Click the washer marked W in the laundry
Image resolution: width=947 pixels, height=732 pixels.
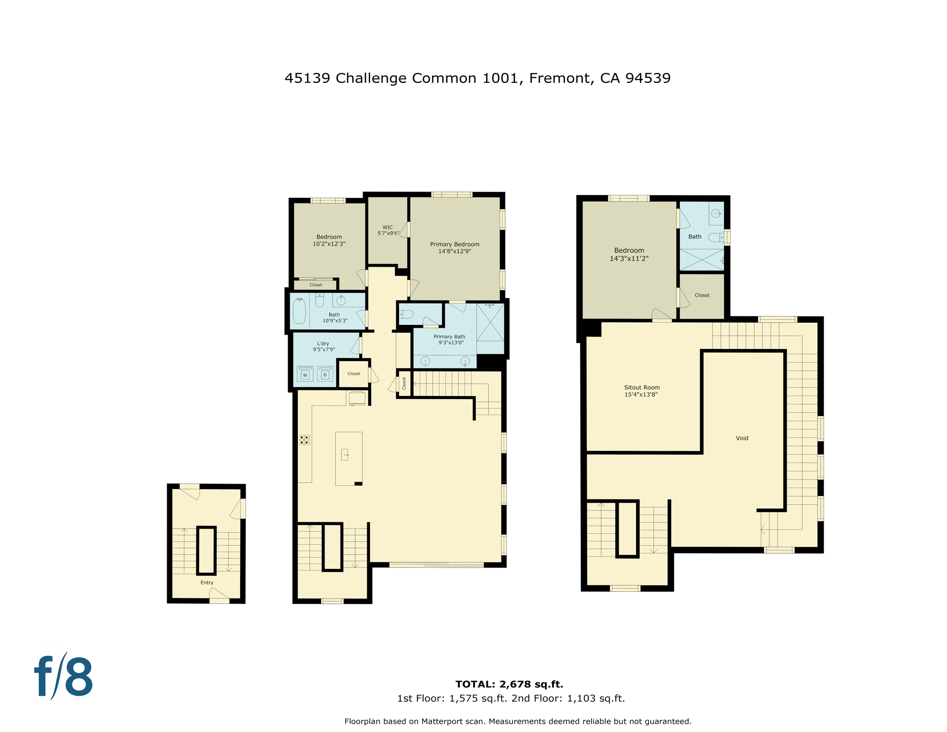(305, 375)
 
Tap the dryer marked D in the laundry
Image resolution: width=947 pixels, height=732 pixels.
(325, 375)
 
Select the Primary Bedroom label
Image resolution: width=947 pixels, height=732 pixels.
(454, 247)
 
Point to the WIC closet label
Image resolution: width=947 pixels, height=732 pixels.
(388, 230)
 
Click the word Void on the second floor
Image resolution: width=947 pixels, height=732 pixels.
(742, 438)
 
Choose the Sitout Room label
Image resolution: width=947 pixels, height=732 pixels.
(642, 391)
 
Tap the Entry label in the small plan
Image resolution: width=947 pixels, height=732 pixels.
(207, 582)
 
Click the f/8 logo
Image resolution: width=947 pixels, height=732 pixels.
(63, 676)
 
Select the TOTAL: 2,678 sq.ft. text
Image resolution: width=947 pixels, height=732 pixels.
(509, 684)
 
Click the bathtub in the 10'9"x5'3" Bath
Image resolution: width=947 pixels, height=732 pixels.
(299, 311)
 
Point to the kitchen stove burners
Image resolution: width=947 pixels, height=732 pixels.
(304, 439)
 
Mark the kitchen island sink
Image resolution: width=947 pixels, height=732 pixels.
(345, 455)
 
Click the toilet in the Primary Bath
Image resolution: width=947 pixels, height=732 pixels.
(406, 314)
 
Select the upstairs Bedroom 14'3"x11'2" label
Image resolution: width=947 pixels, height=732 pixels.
(629, 254)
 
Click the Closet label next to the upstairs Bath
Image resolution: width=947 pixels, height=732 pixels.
(702, 295)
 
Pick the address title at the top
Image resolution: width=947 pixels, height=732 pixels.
(477, 78)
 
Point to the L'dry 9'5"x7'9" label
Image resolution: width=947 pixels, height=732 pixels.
(323, 346)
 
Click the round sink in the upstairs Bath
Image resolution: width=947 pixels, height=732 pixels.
(716, 213)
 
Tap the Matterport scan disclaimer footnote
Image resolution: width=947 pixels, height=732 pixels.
(518, 721)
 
